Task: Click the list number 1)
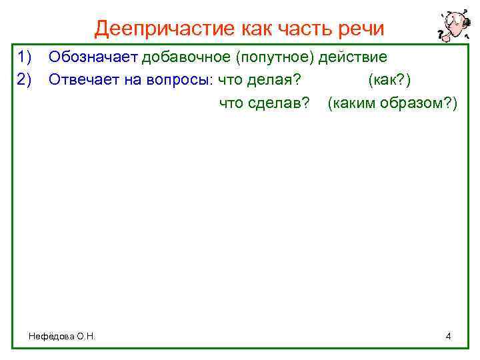click(x=25, y=56)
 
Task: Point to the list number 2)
click(x=25, y=80)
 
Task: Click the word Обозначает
click(x=93, y=56)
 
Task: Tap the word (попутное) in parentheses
click(x=275, y=56)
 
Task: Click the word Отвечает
click(x=85, y=80)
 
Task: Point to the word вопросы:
click(x=177, y=80)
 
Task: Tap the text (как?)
click(x=393, y=80)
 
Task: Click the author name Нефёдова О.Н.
click(x=63, y=337)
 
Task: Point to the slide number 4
click(x=448, y=336)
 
